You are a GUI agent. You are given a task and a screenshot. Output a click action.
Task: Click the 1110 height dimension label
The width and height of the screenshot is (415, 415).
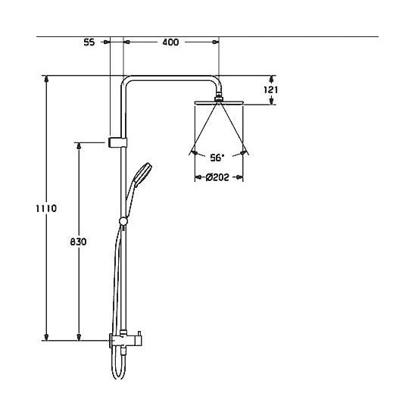[46, 208]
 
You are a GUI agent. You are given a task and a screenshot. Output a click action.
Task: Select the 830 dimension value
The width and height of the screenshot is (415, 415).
[78, 242]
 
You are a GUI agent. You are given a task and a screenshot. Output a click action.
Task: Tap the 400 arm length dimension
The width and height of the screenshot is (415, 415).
[170, 42]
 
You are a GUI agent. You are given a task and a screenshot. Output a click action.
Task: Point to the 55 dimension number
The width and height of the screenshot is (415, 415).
[89, 42]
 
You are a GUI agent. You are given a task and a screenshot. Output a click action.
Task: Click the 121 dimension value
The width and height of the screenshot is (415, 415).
[271, 89]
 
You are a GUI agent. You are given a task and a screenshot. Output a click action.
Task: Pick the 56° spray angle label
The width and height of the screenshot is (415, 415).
[217, 158]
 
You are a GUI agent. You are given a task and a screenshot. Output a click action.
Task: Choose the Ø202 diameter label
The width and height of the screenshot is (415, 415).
[217, 177]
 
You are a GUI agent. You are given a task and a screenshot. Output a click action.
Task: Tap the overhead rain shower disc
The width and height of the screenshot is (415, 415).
[219, 103]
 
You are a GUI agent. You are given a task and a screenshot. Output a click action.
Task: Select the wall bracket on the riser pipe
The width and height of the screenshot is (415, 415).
[118, 142]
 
